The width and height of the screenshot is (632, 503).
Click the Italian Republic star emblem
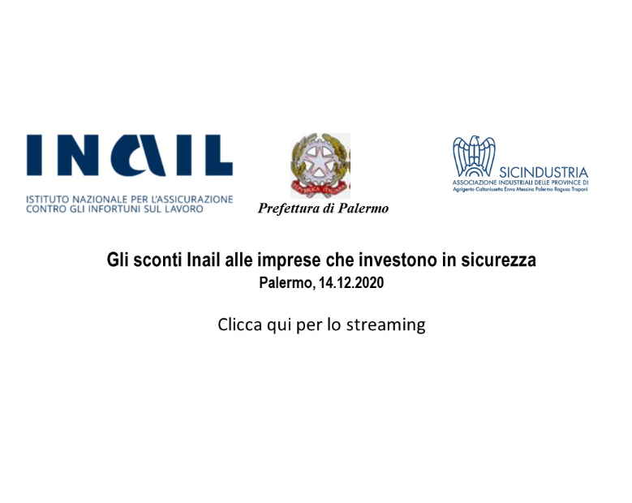(x=320, y=165)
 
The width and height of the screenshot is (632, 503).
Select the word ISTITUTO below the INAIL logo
(x=48, y=199)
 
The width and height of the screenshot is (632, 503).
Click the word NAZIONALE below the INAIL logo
(x=101, y=199)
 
